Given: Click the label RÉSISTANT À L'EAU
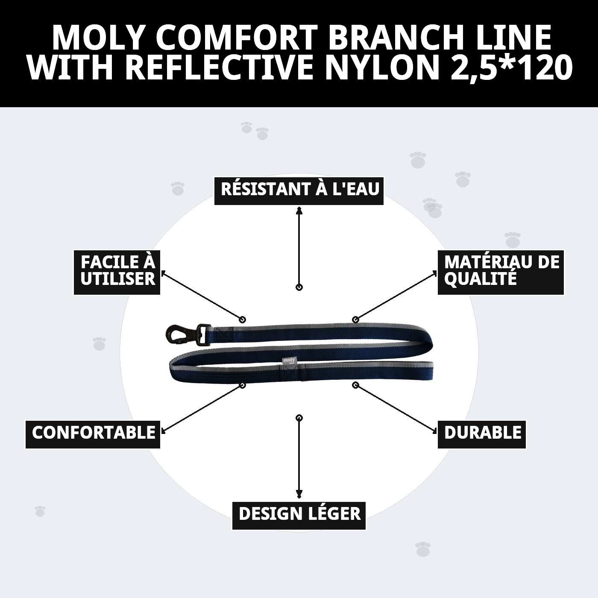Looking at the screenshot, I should [299, 190].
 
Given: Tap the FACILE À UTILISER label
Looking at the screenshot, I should [117, 272].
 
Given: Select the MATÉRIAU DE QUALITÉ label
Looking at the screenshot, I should [501, 272].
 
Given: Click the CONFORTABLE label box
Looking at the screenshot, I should [93, 434].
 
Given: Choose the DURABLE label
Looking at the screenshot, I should [482, 434].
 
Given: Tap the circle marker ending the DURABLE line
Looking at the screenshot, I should [355, 385].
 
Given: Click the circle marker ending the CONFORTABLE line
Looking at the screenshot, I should [243, 385].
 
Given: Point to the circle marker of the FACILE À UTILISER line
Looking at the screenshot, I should [243, 320].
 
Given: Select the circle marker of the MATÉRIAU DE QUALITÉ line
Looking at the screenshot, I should [355, 320].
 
